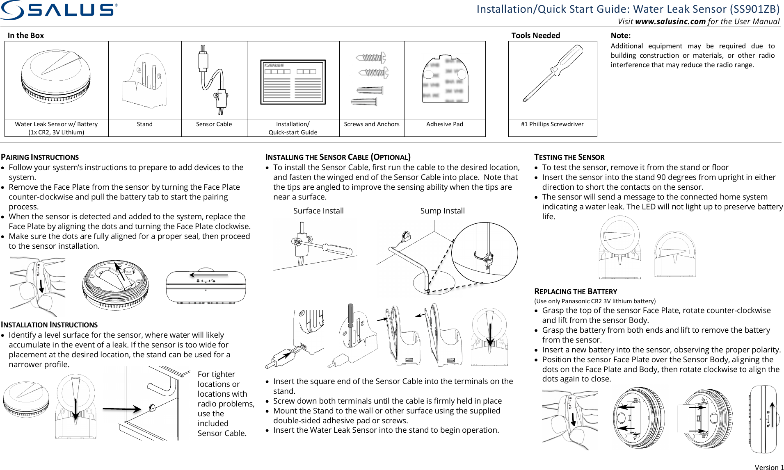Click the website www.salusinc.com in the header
pos(670,22)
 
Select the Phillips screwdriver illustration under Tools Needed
pos(553,74)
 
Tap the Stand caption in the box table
pos(144,124)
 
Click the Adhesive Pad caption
pos(444,124)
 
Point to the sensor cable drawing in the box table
pos(213,80)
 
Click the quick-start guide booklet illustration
pos(293,82)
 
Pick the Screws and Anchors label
pos(371,124)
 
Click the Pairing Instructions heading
pos(40,157)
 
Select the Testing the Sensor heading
pos(569,157)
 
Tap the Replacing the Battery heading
pos(575,291)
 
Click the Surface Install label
pos(318,211)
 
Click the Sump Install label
pos(442,211)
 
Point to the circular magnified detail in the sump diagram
pos(485,252)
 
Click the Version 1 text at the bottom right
pos(768,467)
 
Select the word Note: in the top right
pos(620,36)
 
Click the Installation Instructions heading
pos(49,325)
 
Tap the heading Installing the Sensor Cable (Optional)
pos(338,157)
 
